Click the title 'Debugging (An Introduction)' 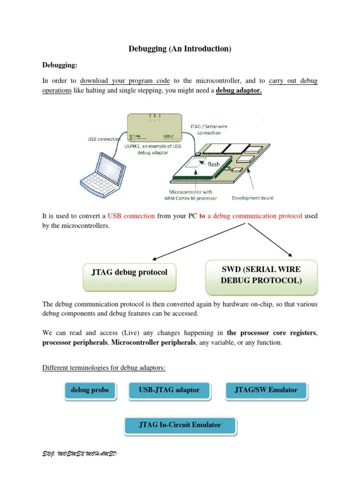tap(180, 49)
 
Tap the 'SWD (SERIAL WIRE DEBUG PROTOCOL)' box tap(261, 275)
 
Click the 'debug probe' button tap(90, 390)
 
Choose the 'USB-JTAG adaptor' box tap(169, 390)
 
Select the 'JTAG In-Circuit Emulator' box tap(180, 425)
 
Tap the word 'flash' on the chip tap(210, 165)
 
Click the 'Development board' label tap(253, 198)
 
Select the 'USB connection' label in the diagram tap(104, 139)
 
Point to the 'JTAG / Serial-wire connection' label tap(209, 129)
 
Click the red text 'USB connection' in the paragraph tap(131, 216)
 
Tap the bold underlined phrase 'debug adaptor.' tap(239, 90)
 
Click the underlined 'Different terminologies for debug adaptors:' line tap(104, 367)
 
